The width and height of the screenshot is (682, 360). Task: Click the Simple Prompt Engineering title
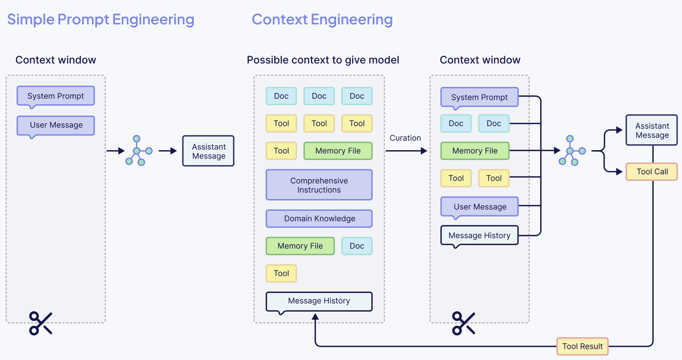[101, 20]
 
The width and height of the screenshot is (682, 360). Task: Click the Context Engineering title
[322, 20]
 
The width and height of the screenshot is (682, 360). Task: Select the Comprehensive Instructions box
[319, 185]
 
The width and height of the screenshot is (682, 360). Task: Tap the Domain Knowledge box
[319, 219]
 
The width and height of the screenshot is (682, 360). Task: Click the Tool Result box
[582, 346]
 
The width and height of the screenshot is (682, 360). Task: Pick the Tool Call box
[652, 172]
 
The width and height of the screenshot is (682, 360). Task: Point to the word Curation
[405, 138]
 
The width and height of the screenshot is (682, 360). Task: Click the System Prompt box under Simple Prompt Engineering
[55, 96]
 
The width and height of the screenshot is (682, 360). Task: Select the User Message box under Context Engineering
[479, 206]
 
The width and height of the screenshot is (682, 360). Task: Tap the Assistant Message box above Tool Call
[652, 130]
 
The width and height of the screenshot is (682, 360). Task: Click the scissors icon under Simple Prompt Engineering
[41, 323]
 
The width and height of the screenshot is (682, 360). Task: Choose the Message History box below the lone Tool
[319, 301]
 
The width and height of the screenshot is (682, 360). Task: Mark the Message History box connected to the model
[479, 235]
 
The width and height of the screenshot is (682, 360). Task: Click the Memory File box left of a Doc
[300, 246]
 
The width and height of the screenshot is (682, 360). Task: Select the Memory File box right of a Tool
[338, 151]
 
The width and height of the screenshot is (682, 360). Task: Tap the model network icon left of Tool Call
[569, 151]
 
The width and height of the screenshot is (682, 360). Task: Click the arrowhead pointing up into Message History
[316, 317]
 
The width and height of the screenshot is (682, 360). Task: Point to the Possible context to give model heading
[323, 60]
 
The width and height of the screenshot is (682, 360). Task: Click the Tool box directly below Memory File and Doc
[281, 273]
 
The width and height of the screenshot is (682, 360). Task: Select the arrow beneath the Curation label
[406, 151]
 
